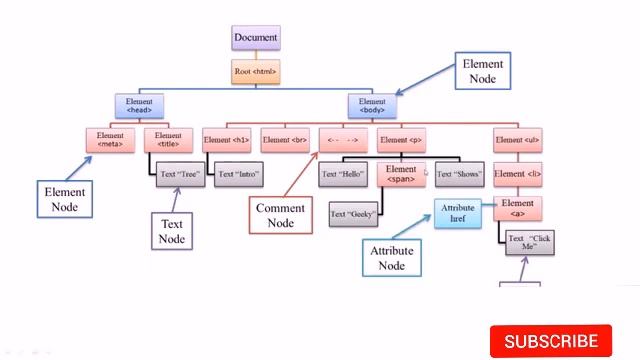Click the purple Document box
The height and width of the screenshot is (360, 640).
(255, 39)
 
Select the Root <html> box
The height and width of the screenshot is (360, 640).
(255, 72)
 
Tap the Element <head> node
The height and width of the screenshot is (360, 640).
(139, 106)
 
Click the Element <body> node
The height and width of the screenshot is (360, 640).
(371, 106)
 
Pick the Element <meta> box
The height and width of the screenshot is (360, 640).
(110, 140)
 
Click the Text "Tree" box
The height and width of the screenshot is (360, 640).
(180, 174)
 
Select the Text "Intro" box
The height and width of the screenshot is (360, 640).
(238, 174)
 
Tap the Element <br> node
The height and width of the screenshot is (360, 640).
(284, 140)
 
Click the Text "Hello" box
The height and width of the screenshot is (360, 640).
(342, 174)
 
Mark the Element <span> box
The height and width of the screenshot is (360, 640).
(401, 174)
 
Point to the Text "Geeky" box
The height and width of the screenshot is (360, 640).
(354, 213)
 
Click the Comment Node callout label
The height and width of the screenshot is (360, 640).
(280, 215)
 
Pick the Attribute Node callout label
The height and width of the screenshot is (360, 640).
(391, 258)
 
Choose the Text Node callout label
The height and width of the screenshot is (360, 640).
(171, 232)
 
